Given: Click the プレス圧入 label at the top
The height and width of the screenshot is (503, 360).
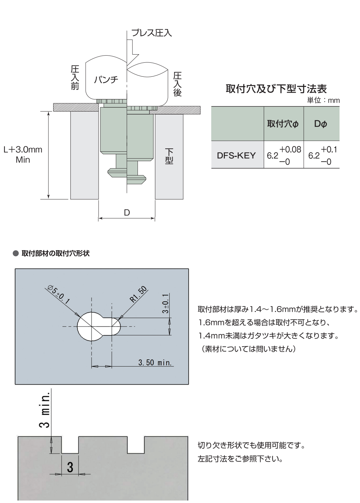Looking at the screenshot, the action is click(152, 33).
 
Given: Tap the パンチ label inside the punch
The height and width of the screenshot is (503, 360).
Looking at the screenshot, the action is click(106, 79).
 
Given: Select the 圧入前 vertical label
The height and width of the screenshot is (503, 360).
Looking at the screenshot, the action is click(75, 77).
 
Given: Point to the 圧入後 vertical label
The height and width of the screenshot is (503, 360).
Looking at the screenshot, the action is click(177, 84).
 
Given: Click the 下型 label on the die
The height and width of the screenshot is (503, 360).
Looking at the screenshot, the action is click(169, 156).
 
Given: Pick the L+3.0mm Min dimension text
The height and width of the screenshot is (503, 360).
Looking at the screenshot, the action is click(23, 154).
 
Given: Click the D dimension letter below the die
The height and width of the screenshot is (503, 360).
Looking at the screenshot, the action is click(127, 212).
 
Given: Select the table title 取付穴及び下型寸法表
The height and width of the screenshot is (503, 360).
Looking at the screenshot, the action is click(276, 89).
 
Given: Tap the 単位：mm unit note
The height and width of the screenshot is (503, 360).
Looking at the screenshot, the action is click(323, 100).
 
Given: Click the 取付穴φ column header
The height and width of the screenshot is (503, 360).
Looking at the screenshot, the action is click(283, 124).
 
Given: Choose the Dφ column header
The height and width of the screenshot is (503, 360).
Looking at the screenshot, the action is click(320, 124).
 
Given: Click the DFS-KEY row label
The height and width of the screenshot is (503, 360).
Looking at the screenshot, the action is click(236, 156).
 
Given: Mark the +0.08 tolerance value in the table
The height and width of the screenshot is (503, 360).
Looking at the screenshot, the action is click(290, 149).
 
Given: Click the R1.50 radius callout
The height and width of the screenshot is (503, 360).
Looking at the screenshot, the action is click(139, 294).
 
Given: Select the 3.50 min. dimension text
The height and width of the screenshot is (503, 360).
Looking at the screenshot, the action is click(155, 362).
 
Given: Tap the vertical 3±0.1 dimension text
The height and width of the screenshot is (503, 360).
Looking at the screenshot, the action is click(165, 303).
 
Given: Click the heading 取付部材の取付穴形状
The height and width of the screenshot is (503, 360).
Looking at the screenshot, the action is click(56, 253).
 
